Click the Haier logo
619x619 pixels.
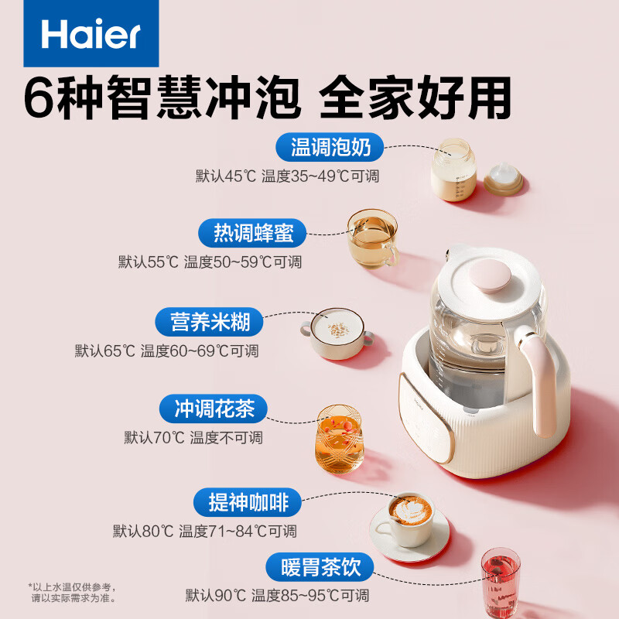[80, 34]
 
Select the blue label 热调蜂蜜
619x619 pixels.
[249, 233]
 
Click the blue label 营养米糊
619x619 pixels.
[206, 321]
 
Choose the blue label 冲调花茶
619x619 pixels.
[210, 409]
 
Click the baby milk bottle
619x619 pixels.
[453, 170]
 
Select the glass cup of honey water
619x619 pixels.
[371, 238]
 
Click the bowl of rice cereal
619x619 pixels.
[337, 333]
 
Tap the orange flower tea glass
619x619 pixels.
[339, 439]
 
